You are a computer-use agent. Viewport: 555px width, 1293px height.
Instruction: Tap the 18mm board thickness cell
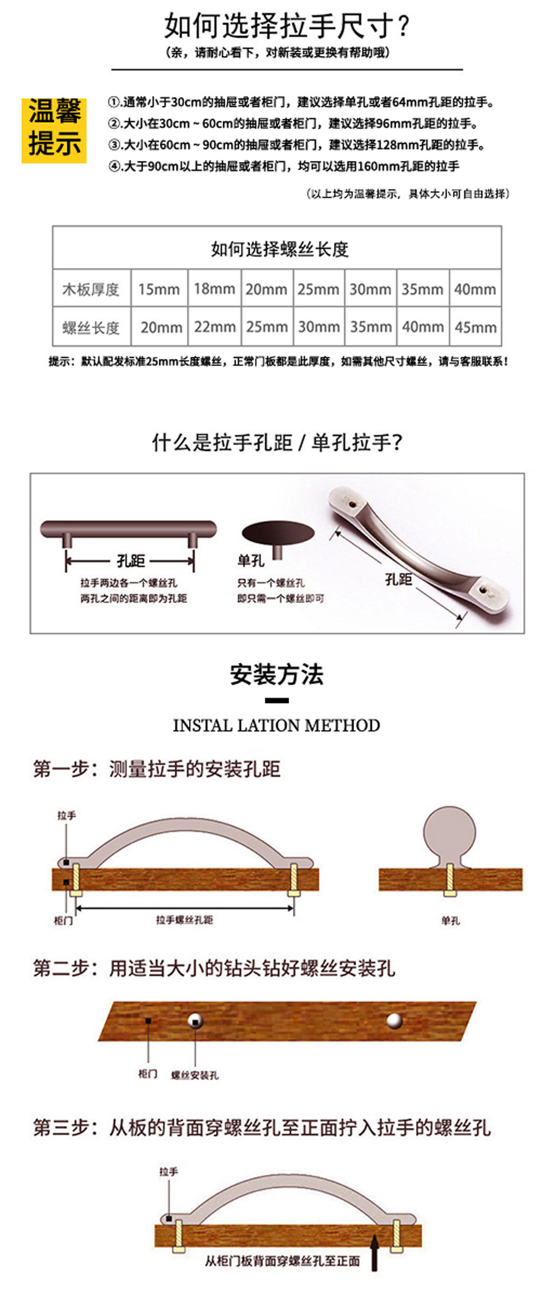(x=214, y=289)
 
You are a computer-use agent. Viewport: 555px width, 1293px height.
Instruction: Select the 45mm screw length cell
(x=475, y=327)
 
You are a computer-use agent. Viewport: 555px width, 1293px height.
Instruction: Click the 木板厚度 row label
(x=91, y=289)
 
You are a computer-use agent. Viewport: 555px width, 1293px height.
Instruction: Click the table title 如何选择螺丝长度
(x=279, y=249)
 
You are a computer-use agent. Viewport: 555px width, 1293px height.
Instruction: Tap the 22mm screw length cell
(x=214, y=327)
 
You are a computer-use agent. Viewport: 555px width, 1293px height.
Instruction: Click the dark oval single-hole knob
(x=278, y=534)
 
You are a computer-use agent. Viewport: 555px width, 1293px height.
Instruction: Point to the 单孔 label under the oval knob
(x=250, y=561)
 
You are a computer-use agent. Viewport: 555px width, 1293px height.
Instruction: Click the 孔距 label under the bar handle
(x=130, y=561)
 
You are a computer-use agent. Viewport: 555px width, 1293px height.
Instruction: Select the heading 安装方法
(x=277, y=675)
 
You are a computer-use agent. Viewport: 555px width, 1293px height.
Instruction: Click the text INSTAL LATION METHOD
(x=276, y=725)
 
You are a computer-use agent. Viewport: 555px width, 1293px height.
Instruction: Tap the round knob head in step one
(x=450, y=833)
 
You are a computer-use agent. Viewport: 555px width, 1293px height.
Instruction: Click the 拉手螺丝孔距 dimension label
(x=184, y=919)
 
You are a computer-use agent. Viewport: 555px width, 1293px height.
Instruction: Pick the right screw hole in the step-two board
(x=394, y=1020)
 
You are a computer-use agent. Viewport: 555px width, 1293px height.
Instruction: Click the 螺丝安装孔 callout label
(x=195, y=1075)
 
